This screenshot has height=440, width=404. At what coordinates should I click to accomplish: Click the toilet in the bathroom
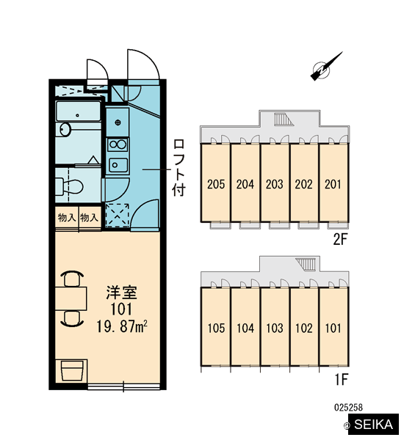[x=69, y=186]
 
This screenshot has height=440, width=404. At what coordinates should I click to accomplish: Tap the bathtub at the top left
[x=78, y=111]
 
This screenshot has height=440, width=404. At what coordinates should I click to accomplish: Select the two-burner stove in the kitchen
[x=118, y=144]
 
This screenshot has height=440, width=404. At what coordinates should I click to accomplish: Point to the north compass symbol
[x=325, y=67]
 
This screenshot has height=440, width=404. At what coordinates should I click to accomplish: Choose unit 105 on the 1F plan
[x=216, y=327]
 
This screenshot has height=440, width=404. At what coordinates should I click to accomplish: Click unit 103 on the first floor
[x=275, y=327]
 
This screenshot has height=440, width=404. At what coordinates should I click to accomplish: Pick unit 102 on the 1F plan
[x=304, y=327]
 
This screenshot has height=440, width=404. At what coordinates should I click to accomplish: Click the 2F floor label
[x=340, y=239]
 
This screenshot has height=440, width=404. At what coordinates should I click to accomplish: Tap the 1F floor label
[x=341, y=379]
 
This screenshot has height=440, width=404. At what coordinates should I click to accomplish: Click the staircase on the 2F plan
[x=283, y=120]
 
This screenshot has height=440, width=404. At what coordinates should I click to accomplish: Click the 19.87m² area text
[x=122, y=326]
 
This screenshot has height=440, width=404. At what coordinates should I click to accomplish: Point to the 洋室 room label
[x=121, y=293]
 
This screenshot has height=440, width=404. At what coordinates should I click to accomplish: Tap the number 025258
[x=348, y=407]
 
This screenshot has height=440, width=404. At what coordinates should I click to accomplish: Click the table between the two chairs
[x=71, y=298]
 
